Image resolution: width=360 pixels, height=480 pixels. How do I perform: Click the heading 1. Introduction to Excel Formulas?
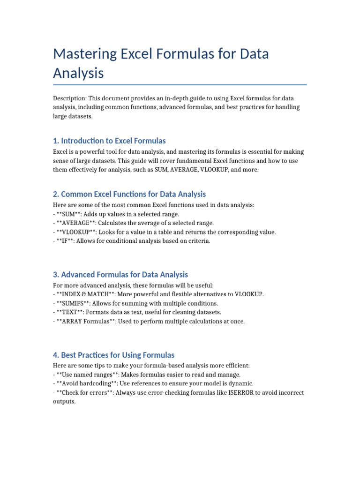(x=109, y=141)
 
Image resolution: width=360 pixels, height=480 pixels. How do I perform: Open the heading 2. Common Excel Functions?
(x=129, y=194)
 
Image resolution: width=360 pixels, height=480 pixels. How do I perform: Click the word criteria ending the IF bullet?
(x=199, y=241)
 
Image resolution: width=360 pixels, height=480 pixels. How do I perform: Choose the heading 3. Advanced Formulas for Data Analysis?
(x=120, y=275)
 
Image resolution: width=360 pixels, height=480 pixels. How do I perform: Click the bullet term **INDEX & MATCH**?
(x=86, y=294)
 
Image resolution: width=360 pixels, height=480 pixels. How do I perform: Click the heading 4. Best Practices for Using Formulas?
(x=114, y=355)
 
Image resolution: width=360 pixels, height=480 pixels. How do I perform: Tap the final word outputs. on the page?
(x=64, y=402)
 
